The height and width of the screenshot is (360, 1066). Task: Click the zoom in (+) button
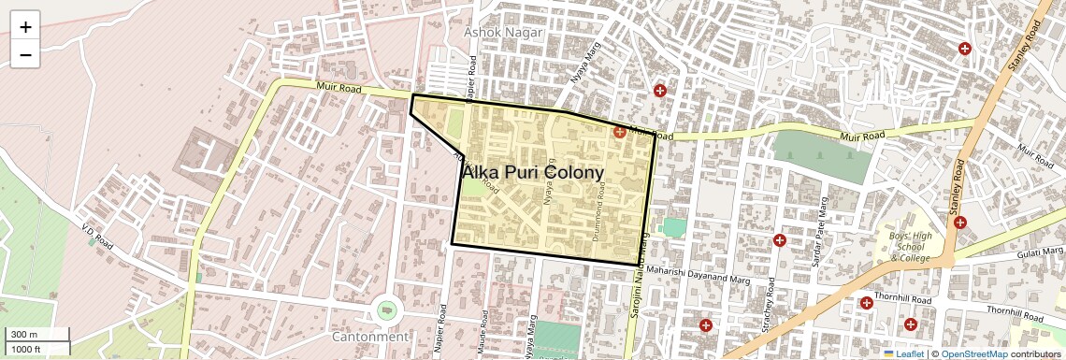click(x=25, y=27)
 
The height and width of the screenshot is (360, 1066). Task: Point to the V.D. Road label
click(x=97, y=237)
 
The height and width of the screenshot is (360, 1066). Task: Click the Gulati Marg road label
click(x=1039, y=252)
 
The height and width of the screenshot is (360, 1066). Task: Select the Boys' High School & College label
click(x=911, y=247)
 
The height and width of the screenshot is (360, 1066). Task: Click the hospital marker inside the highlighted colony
click(x=619, y=133)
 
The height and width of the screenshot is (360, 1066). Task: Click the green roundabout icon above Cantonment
click(x=385, y=309)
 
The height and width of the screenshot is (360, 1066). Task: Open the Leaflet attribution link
click(x=903, y=353)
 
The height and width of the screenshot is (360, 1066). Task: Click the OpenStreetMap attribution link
click(x=973, y=353)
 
